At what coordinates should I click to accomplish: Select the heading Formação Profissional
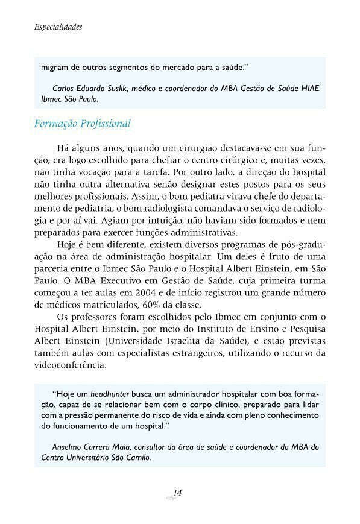click(83, 124)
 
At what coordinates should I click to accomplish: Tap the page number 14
click(177, 493)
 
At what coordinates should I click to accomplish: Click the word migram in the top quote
click(55, 66)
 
